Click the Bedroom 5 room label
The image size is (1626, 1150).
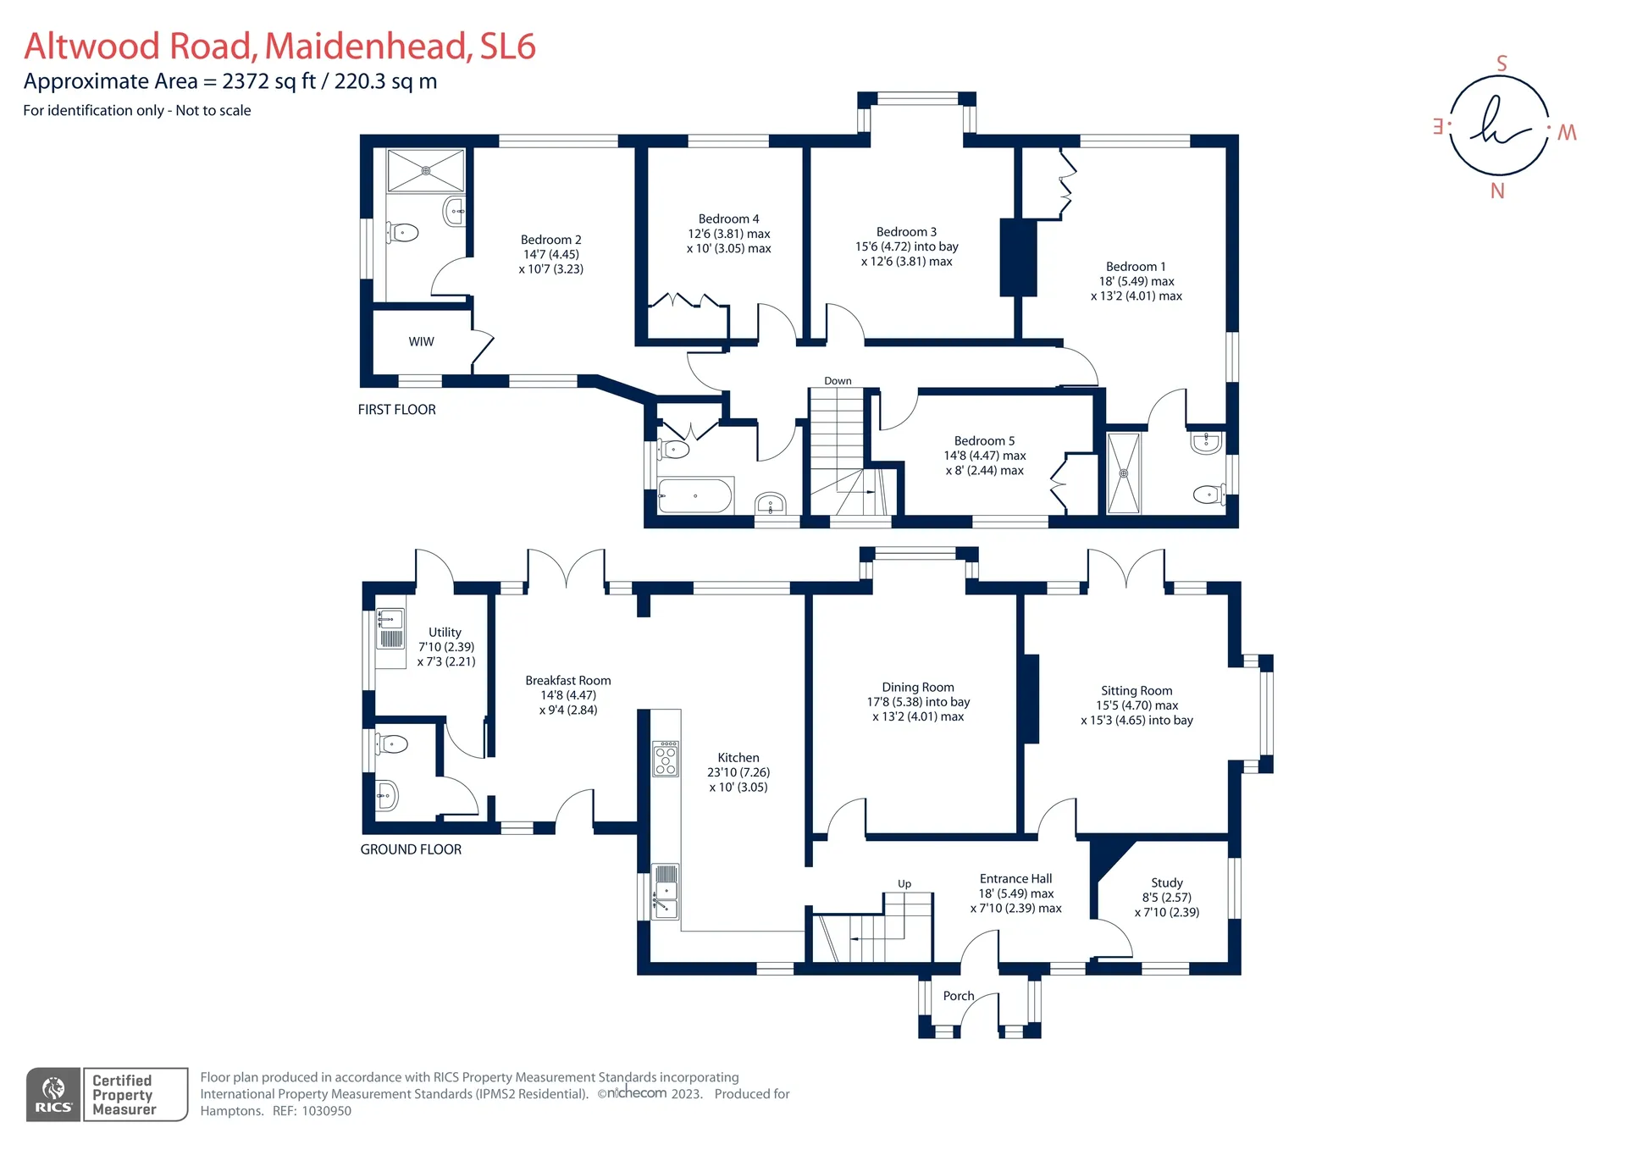(x=984, y=440)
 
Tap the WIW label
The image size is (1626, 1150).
(x=421, y=341)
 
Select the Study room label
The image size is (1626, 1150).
(x=1167, y=882)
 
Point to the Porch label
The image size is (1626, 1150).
(x=959, y=996)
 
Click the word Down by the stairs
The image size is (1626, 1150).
(x=838, y=381)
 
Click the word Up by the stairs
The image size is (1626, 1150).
(x=904, y=883)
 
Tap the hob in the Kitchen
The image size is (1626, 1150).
(x=666, y=759)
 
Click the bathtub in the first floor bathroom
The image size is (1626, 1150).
(x=695, y=495)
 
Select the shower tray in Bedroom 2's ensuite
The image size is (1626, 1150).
(x=426, y=170)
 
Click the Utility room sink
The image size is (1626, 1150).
(x=390, y=628)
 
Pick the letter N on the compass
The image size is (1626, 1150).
(x=1497, y=191)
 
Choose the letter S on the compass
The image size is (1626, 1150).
(x=1502, y=64)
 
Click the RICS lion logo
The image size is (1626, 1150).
(x=53, y=1094)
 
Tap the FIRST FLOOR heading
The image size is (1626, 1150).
(x=396, y=410)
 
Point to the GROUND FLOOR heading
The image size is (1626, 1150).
(x=411, y=849)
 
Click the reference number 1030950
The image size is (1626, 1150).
(x=326, y=1111)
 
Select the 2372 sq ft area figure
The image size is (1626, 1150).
(x=269, y=81)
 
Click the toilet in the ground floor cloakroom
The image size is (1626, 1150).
(x=393, y=744)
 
